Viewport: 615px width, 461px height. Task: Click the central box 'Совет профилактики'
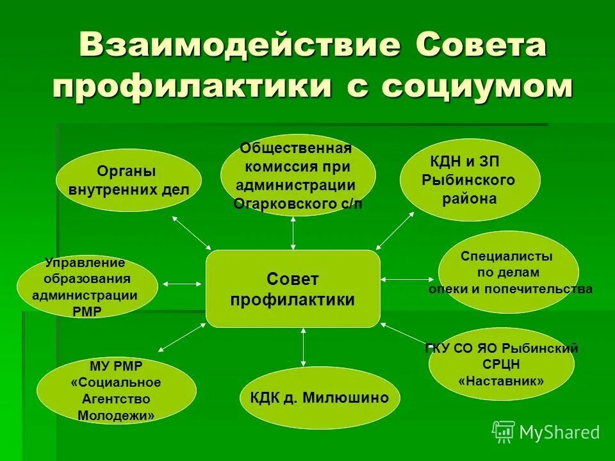tap(293, 289)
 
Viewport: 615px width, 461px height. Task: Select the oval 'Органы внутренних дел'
tap(129, 180)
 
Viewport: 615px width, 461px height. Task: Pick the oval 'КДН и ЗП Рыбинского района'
tap(469, 179)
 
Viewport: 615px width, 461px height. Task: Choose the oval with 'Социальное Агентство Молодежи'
tap(116, 391)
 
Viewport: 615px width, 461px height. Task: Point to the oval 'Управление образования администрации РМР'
tap(86, 286)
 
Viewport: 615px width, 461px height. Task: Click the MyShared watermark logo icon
tap(504, 432)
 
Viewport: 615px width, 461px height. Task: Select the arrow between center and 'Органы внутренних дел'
tap(192, 233)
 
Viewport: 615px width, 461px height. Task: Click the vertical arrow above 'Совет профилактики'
tap(293, 233)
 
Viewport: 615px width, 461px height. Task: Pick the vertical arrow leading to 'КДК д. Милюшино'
tap(303, 348)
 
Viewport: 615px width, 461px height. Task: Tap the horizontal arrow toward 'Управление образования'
tap(182, 282)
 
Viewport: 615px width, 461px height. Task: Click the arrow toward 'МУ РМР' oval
tap(181, 337)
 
